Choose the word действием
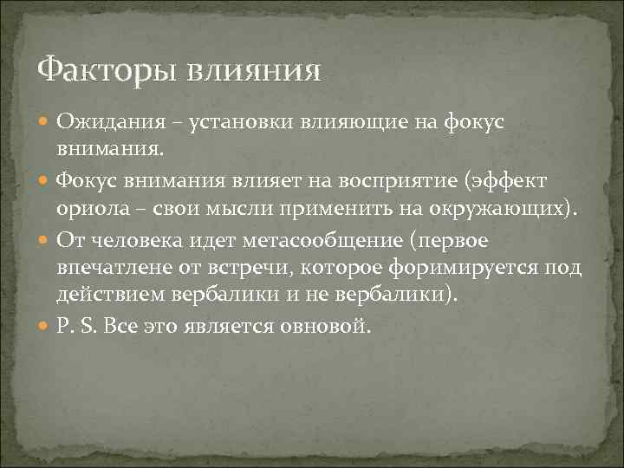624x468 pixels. coord(109,297)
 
